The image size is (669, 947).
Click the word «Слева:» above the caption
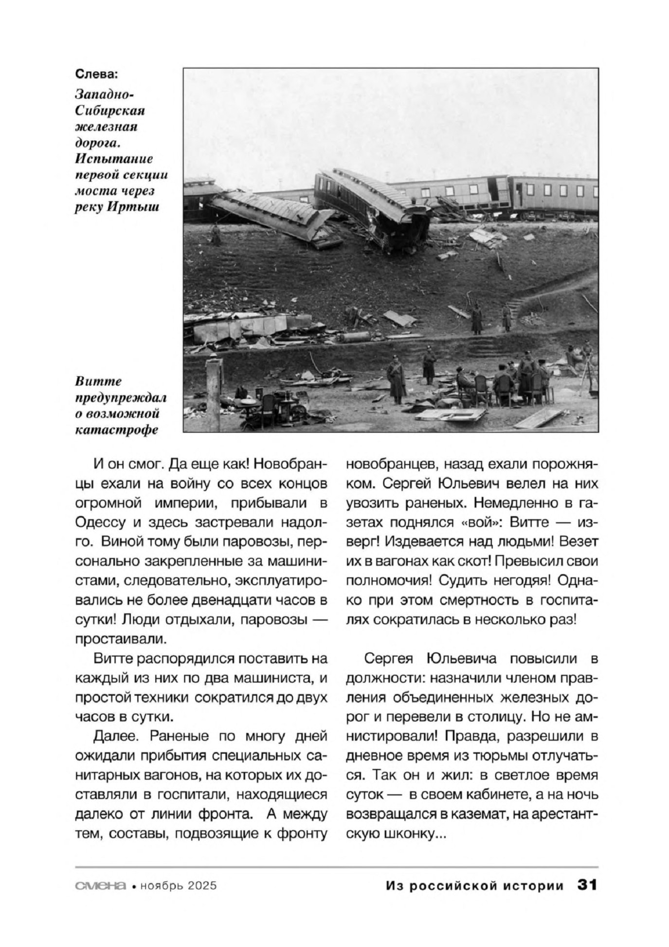pos(97,74)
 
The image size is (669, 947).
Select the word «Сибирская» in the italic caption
pos(110,111)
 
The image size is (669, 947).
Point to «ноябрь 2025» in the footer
pos(178,886)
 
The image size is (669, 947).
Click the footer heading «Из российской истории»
pos(474,885)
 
